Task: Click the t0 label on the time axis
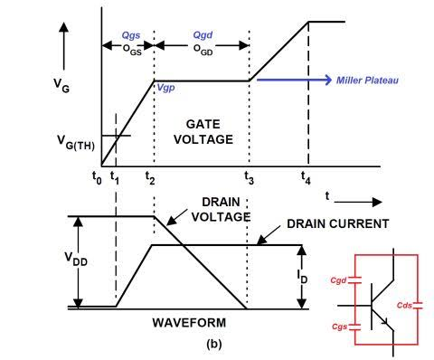coord(97,177)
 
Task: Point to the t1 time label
coord(115,177)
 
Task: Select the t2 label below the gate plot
coord(150,177)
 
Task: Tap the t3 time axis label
coord(249,177)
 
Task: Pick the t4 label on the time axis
coord(306,177)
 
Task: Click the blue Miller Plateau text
coord(367,81)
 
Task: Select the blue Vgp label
coord(165,88)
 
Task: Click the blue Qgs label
coord(131,35)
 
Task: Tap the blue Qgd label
coord(203,35)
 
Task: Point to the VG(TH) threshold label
coord(76,143)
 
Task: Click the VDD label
coord(76,260)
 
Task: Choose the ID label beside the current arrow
coord(303,277)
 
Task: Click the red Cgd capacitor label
coord(338,280)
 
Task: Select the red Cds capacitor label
coord(404,305)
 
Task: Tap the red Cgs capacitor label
coord(339,327)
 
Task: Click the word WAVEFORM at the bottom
coord(189,323)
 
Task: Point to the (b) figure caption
coord(214,344)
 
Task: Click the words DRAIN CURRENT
coord(338,223)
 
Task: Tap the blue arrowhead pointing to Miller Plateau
coord(328,80)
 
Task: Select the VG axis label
coord(61,85)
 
